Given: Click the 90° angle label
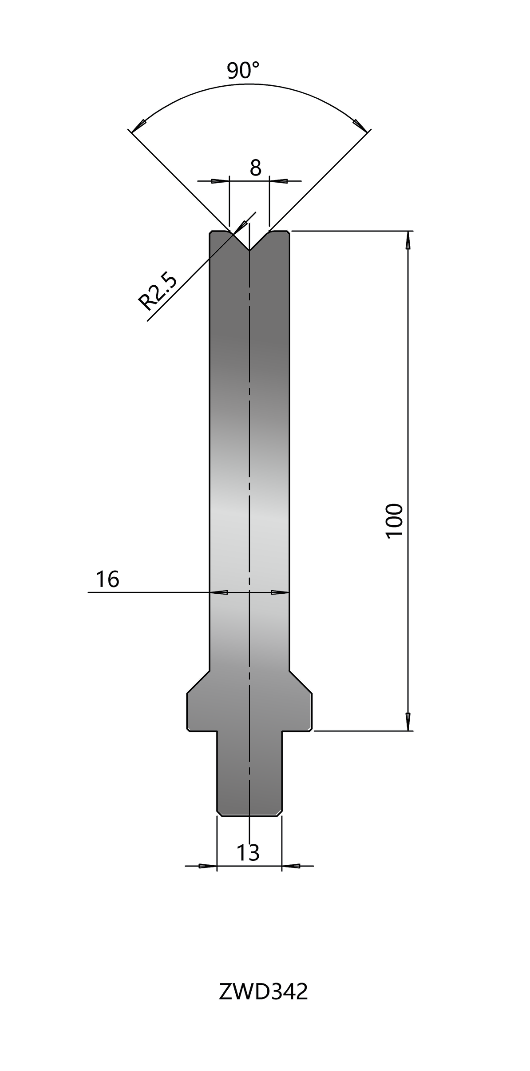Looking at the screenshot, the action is click(x=243, y=71).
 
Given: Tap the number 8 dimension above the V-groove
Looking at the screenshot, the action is click(x=255, y=168).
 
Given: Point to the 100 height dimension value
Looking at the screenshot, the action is click(x=394, y=521).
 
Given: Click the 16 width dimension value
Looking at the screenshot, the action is click(x=107, y=579).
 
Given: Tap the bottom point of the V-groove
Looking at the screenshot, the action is click(x=250, y=250).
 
